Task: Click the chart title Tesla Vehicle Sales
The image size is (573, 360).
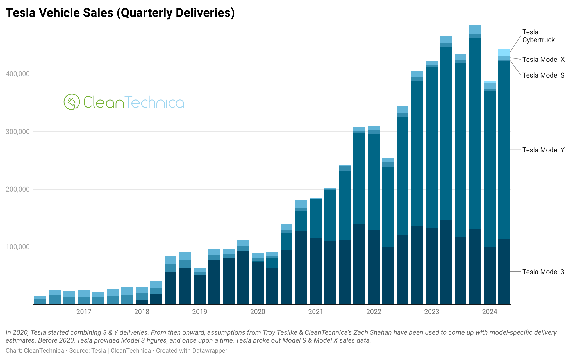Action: point(120,13)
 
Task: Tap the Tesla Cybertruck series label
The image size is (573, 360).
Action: point(538,36)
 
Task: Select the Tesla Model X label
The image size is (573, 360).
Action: point(543,60)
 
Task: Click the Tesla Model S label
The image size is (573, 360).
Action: point(543,75)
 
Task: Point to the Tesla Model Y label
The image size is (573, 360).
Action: point(543,150)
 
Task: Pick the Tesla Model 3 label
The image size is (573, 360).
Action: point(543,272)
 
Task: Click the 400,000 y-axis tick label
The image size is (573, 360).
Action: point(18,74)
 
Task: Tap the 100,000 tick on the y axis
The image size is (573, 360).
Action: point(18,247)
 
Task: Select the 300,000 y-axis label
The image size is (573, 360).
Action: point(18,132)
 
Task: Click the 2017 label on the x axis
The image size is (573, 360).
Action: point(84,312)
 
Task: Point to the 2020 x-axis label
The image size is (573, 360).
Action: point(258,312)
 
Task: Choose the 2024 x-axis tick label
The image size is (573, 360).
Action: point(490,312)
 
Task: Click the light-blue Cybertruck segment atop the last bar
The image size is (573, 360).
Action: point(504,52)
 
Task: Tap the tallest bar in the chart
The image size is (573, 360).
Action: point(475,168)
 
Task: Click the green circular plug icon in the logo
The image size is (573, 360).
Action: point(72,102)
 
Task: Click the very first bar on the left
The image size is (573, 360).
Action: point(40,300)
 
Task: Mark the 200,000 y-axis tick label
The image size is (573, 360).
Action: point(18,190)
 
